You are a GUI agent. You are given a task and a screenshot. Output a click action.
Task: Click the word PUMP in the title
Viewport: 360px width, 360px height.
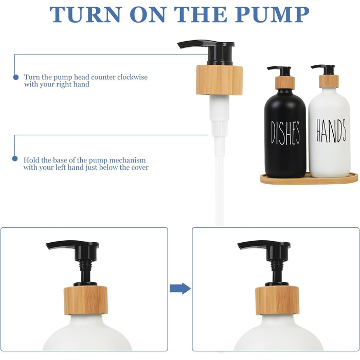click(x=272, y=14)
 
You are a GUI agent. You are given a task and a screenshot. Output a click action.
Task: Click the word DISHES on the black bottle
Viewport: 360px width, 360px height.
click(x=285, y=133)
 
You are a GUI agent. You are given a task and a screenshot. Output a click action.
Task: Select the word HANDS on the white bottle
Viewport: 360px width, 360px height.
click(x=331, y=131)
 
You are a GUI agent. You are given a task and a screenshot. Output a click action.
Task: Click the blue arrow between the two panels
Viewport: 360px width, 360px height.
click(x=180, y=289)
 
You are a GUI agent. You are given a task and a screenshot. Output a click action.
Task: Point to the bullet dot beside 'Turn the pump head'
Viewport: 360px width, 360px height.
click(x=15, y=77)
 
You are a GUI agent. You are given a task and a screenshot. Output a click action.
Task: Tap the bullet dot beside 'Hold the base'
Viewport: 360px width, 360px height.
click(x=15, y=158)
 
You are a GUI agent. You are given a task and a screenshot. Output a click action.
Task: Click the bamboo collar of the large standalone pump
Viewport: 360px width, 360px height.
click(x=220, y=80)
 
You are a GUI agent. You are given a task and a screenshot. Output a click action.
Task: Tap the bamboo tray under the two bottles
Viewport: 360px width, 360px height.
click(x=309, y=179)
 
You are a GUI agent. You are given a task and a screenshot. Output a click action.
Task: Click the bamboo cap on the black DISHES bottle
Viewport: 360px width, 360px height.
click(x=285, y=83)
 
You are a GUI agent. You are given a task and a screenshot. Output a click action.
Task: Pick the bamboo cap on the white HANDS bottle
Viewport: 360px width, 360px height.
click(x=329, y=81)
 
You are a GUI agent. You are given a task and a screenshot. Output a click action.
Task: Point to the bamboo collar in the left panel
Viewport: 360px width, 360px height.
click(x=86, y=300)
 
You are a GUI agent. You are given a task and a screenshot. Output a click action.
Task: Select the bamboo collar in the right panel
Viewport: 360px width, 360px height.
click(x=277, y=300)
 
